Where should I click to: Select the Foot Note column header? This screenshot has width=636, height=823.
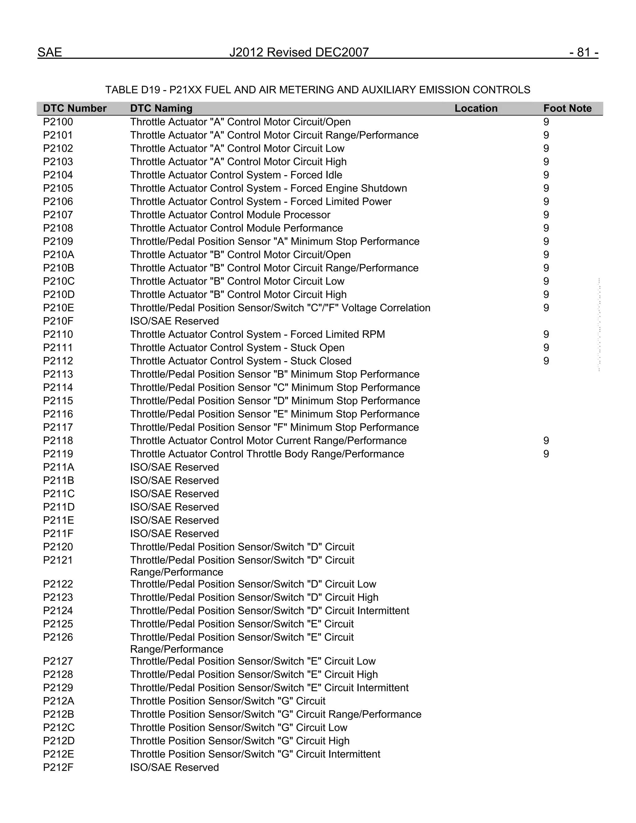pos(567,108)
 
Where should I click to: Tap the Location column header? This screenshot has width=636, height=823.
pos(475,108)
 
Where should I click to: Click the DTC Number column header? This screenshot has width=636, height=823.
pos(75,108)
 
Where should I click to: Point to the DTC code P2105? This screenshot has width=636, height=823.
pos(58,189)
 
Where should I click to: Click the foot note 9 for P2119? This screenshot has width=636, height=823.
pos(546,454)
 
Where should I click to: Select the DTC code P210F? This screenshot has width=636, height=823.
pos(58,321)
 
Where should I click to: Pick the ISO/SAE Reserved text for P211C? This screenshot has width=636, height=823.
pos(174,494)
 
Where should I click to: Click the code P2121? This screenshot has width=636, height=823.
pos(58,560)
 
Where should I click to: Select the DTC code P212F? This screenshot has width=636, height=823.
pos(58,768)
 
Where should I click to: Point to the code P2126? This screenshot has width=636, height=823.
pos(58,637)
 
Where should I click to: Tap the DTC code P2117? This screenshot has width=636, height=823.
pos(58,427)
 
